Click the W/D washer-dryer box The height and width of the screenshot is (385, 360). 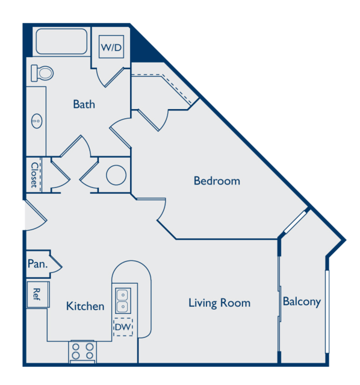click(x=111, y=46)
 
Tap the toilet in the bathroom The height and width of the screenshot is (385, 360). click(x=42, y=73)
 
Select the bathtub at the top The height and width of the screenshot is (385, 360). click(x=61, y=41)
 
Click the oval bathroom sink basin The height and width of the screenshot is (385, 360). click(x=37, y=121)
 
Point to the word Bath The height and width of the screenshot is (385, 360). click(x=84, y=104)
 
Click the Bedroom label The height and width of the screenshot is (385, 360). click(x=217, y=181)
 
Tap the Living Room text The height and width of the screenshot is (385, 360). click(x=219, y=303)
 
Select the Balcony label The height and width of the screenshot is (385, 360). click(x=302, y=301)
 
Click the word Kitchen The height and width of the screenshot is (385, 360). click(x=85, y=306)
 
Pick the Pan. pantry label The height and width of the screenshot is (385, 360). click(x=37, y=264)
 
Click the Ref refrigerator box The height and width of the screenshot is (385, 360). click(x=38, y=295)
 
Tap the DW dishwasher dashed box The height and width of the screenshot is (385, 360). click(x=123, y=327)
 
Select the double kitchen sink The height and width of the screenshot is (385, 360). click(x=123, y=301)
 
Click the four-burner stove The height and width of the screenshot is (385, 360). click(x=82, y=352)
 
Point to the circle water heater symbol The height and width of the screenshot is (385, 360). click(x=116, y=175)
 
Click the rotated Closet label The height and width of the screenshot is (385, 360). click(x=34, y=175)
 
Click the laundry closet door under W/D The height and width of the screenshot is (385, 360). click(x=110, y=77)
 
